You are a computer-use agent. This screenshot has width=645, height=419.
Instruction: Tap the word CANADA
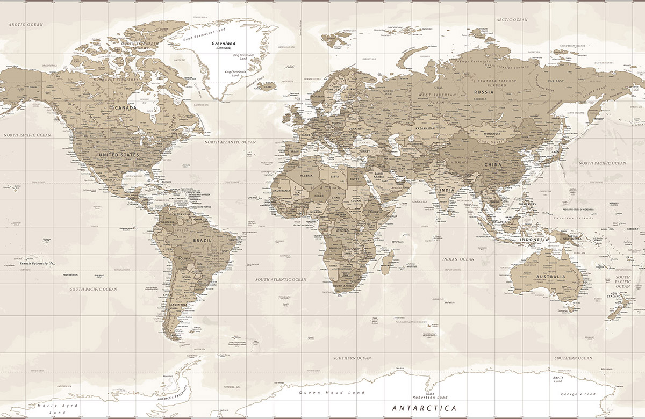125,107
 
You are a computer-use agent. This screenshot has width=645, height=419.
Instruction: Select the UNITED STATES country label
118,155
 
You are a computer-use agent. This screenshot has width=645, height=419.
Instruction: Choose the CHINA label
493,164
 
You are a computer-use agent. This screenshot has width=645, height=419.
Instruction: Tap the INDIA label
447,190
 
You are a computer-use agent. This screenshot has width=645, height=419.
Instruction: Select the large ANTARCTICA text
424,408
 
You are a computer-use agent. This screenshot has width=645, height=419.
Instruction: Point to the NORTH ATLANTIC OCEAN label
230,142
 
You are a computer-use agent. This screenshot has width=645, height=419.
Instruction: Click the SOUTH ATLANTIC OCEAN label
281,279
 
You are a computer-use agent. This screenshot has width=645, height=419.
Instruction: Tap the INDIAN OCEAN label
458,259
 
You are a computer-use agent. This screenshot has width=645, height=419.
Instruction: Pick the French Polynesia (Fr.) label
38,264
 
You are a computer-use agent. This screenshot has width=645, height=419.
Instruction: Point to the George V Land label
578,394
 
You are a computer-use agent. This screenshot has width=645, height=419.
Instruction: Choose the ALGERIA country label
305,176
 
